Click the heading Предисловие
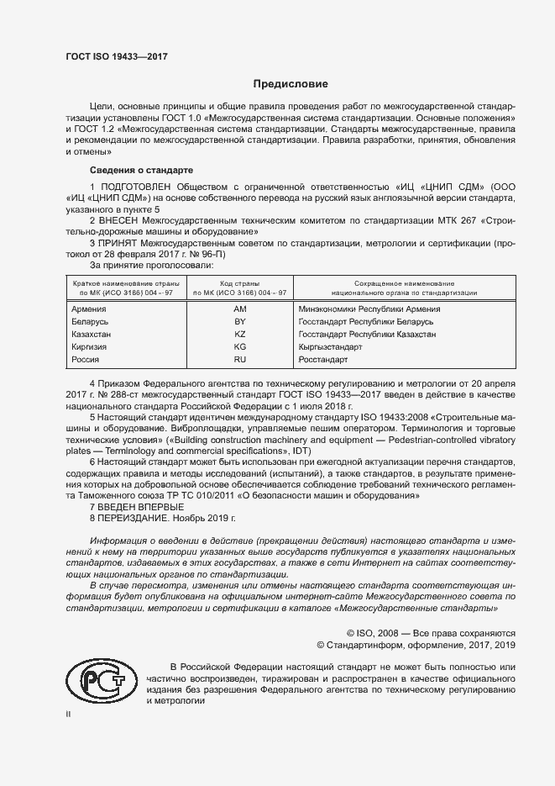(291, 84)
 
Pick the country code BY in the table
(239, 322)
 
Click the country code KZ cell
(239, 335)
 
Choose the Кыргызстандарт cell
(330, 347)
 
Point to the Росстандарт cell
(323, 360)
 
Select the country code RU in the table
(239, 360)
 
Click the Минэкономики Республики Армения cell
(369, 309)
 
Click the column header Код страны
(239, 284)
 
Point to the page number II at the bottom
(69, 714)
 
